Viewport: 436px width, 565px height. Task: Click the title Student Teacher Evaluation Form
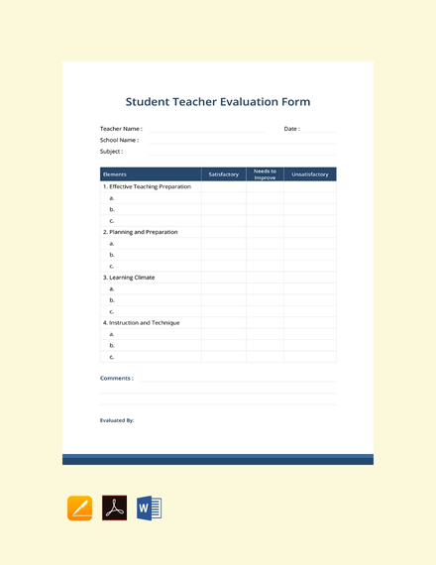(218, 102)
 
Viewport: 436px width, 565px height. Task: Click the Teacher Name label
(121, 129)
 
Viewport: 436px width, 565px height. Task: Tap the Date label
(291, 129)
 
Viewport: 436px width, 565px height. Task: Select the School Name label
(119, 140)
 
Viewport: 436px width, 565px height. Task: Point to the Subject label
(111, 152)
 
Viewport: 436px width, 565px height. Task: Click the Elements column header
(115, 174)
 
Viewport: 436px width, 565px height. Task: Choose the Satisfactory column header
(224, 174)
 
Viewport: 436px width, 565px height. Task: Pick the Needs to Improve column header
(265, 174)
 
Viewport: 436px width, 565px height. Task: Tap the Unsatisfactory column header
(310, 174)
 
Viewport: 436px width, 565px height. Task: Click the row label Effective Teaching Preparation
(148, 186)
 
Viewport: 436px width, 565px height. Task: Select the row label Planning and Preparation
(141, 232)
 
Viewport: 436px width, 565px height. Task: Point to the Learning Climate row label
(129, 278)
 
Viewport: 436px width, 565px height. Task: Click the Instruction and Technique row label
(141, 322)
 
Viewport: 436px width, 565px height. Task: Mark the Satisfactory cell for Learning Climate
(224, 278)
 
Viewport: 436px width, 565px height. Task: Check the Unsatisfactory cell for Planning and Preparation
(310, 232)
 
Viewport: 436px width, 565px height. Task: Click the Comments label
(117, 378)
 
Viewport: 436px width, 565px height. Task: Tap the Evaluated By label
(117, 420)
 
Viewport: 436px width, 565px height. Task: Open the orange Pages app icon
(80, 508)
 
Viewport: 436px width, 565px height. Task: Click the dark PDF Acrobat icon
(115, 508)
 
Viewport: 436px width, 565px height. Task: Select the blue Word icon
(149, 508)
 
